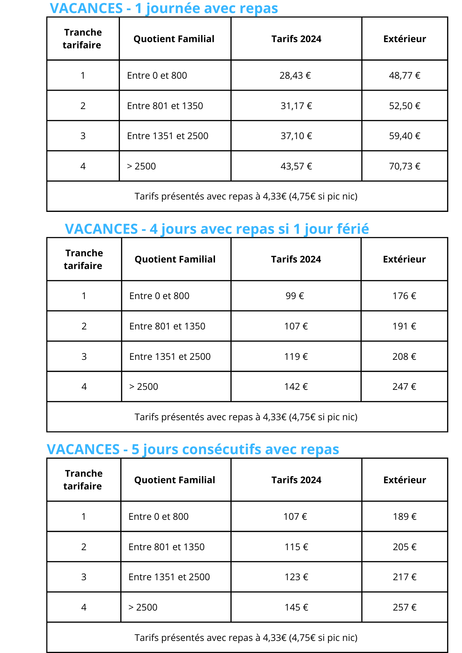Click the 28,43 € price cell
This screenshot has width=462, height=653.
(295, 76)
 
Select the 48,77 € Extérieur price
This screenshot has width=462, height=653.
(404, 76)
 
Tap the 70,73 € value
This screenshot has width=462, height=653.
(404, 167)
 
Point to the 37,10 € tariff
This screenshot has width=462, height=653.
(296, 136)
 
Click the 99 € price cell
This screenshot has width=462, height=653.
(295, 296)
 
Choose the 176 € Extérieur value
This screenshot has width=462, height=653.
(404, 296)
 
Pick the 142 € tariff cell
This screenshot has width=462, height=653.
(296, 387)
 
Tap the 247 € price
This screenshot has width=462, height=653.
(404, 387)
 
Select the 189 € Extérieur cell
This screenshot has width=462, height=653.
(404, 517)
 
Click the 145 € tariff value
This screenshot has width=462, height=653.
(296, 608)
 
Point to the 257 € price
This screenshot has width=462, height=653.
(404, 608)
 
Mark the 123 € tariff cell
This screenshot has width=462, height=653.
(296, 577)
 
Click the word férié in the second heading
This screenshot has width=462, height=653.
(354, 229)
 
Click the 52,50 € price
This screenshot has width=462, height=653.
(404, 106)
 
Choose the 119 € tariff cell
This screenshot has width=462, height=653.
(296, 357)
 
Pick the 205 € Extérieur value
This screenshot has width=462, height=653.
(404, 547)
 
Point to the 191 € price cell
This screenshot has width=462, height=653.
(404, 326)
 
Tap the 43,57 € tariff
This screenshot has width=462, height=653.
(296, 167)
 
